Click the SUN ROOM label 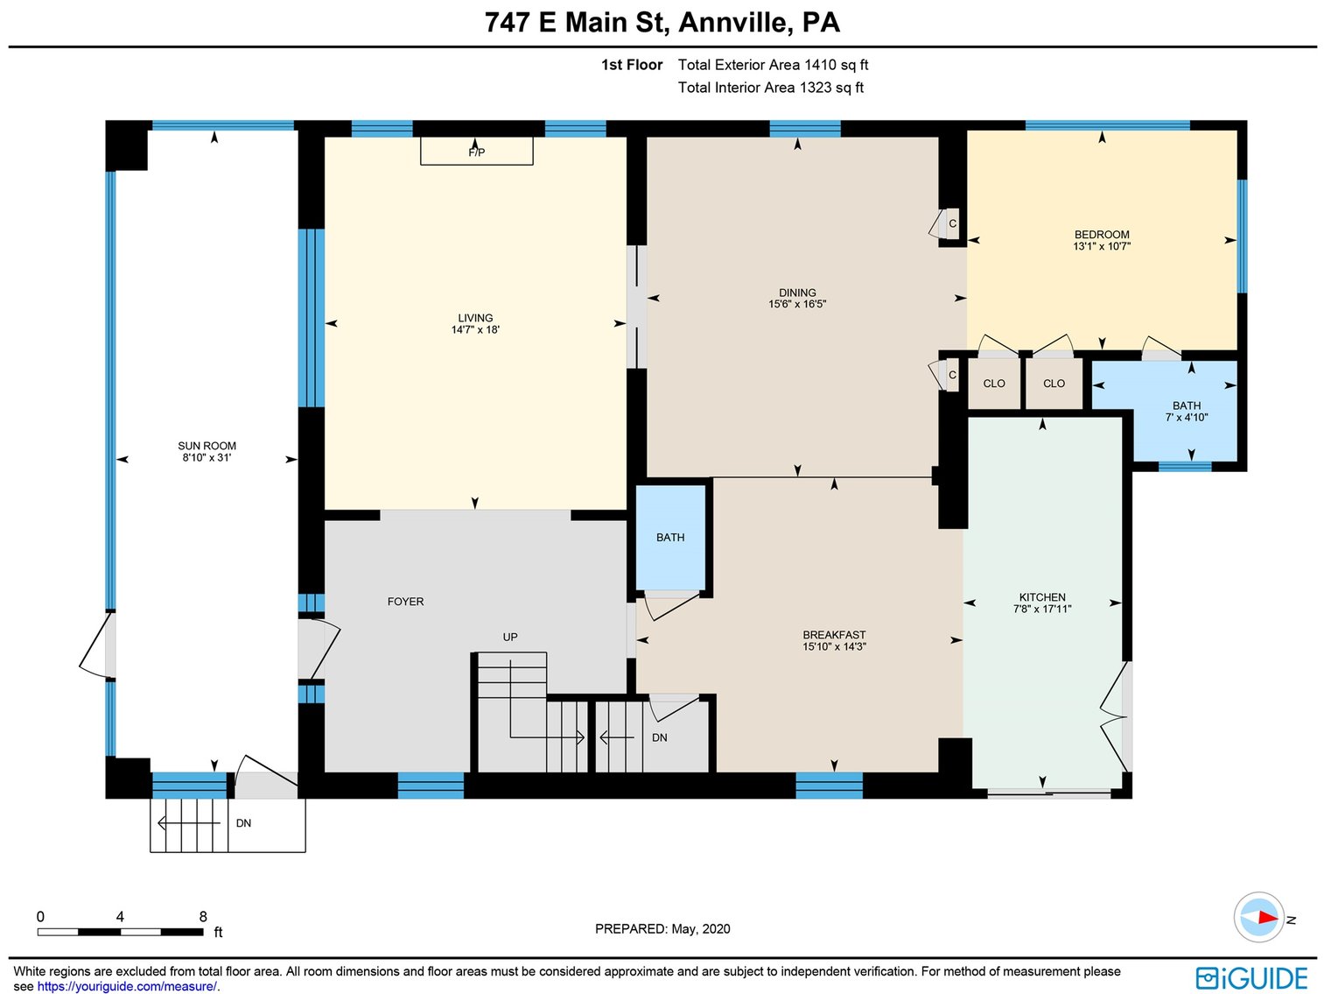[x=207, y=446]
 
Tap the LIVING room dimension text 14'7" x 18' [x=475, y=330]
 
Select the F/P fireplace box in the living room [x=476, y=151]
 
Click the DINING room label [x=797, y=293]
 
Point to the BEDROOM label [x=1102, y=234]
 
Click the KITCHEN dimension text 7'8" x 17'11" [x=1042, y=609]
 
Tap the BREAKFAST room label [x=834, y=635]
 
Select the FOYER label [x=405, y=602]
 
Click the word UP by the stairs [x=510, y=637]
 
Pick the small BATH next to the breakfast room [x=670, y=538]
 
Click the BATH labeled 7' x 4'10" [x=1187, y=412]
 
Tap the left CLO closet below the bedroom [x=994, y=384]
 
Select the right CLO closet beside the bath [x=1054, y=384]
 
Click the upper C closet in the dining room [x=952, y=223]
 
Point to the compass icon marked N [x=1259, y=918]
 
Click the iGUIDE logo [x=1251, y=977]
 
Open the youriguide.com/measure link [x=126, y=986]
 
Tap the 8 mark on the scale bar [x=203, y=917]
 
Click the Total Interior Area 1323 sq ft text [x=770, y=88]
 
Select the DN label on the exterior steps [x=243, y=823]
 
